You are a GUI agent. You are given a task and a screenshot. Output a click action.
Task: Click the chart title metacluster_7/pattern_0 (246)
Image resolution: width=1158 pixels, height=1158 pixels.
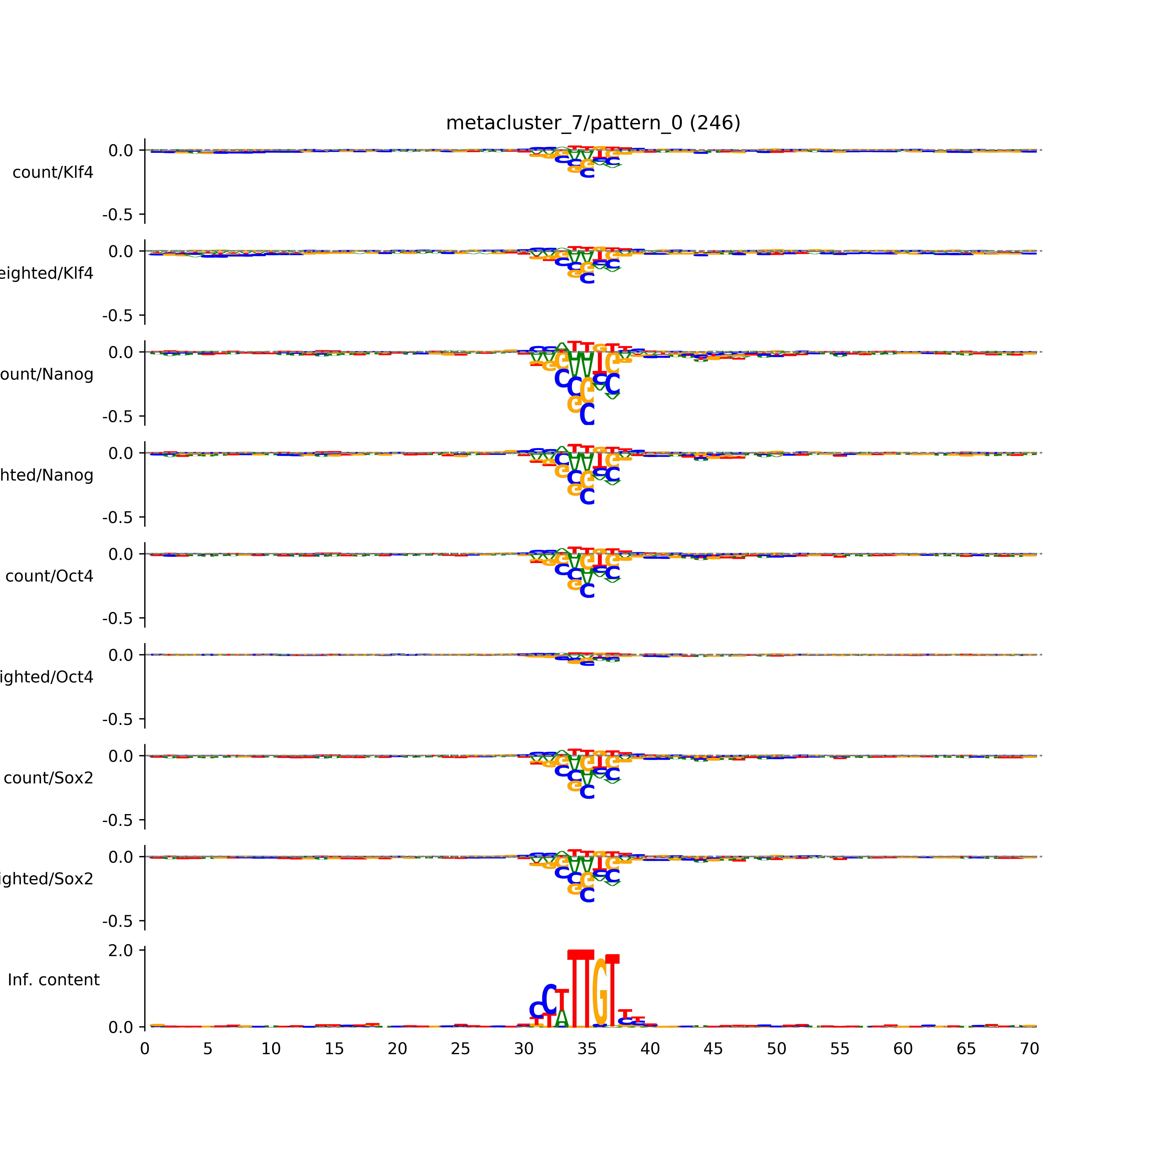[x=593, y=123]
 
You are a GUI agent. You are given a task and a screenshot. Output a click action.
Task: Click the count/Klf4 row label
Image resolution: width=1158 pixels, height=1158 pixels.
[x=53, y=173]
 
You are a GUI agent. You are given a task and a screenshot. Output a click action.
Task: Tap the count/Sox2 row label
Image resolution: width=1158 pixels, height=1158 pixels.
[x=49, y=778]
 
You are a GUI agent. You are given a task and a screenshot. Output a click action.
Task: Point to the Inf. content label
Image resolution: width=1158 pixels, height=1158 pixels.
[x=53, y=980]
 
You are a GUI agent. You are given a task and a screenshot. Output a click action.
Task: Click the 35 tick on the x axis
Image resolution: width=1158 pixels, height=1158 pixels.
[x=587, y=1049]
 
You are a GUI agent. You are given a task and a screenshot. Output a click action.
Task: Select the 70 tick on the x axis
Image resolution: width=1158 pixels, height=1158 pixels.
[x=1029, y=1049]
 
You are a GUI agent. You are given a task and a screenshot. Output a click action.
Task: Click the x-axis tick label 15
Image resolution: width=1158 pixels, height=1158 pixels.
[x=334, y=1049]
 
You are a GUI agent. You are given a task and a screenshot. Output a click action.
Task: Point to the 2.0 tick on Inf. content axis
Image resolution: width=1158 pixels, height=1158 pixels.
[x=120, y=951]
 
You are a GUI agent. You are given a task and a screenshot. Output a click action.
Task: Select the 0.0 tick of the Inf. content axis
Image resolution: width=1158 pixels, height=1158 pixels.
[x=120, y=1027]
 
